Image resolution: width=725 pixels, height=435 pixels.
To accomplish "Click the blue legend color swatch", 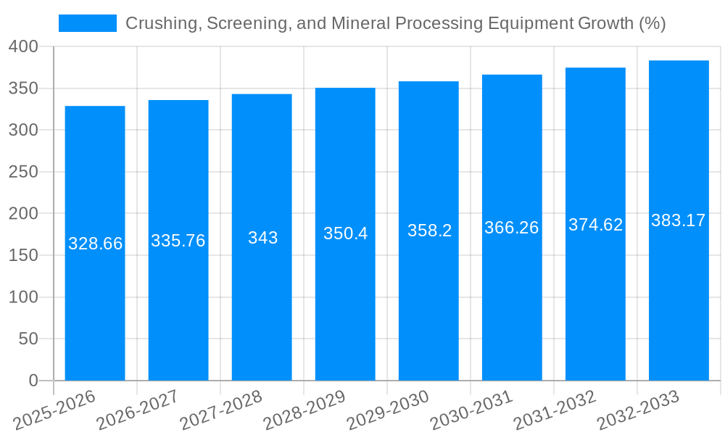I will (87, 23).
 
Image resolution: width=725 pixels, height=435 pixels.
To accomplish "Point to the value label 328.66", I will (95, 244).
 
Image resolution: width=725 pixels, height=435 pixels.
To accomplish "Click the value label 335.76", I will (178, 241).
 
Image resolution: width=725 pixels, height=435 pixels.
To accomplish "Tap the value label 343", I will (262, 238).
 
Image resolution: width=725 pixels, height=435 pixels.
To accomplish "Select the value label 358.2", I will (429, 231).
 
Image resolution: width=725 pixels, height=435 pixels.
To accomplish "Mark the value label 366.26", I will (512, 228).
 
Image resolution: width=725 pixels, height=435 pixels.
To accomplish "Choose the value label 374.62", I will (595, 225).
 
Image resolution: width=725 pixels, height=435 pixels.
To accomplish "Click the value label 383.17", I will (679, 220).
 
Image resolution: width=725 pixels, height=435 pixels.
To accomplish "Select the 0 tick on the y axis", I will (33, 381).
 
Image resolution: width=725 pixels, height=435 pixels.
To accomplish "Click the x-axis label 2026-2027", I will (138, 410).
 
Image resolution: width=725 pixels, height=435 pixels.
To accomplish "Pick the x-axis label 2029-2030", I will (389, 410).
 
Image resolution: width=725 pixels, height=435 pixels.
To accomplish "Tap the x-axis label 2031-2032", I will (555, 410).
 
